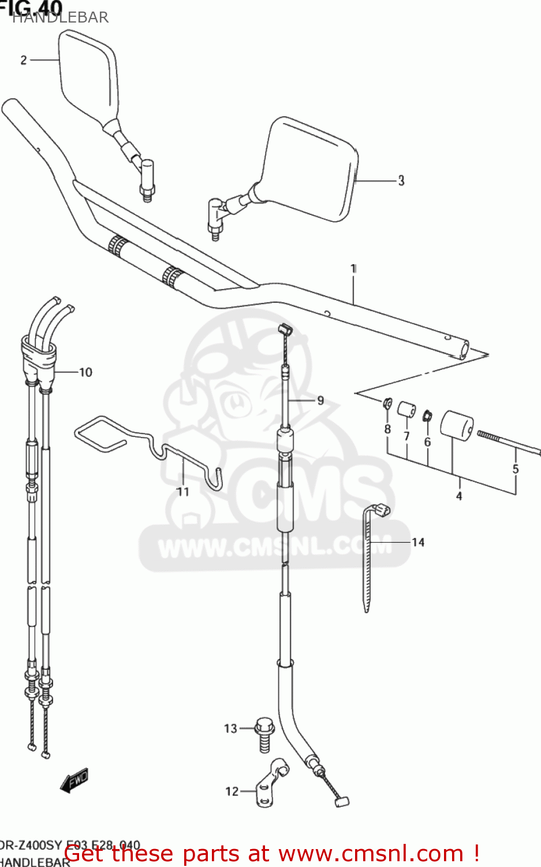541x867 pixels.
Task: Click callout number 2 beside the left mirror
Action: (x=24, y=60)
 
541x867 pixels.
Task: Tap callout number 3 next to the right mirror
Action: (x=401, y=181)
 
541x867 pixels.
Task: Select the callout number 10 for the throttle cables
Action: (x=85, y=372)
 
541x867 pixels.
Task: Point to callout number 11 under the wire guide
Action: (x=182, y=491)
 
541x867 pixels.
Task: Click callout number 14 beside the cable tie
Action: (x=418, y=542)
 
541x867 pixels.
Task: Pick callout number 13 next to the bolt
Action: (x=230, y=728)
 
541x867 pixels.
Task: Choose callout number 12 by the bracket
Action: (x=232, y=791)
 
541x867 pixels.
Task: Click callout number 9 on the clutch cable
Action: (x=320, y=400)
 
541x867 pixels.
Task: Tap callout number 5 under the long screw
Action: (x=516, y=469)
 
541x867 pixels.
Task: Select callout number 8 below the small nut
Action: (x=387, y=429)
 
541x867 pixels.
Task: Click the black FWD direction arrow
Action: (x=74, y=780)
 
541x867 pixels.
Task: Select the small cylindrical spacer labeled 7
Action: (x=406, y=410)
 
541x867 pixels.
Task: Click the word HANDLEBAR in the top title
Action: (x=60, y=17)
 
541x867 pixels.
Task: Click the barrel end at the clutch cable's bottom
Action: (x=342, y=801)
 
